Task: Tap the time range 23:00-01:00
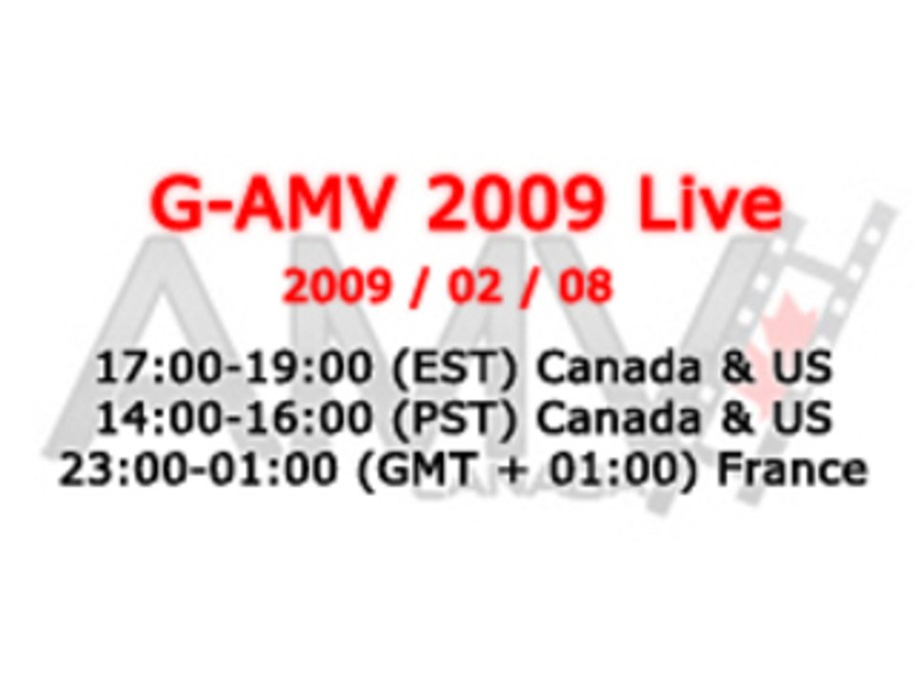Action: [x=202, y=470]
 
